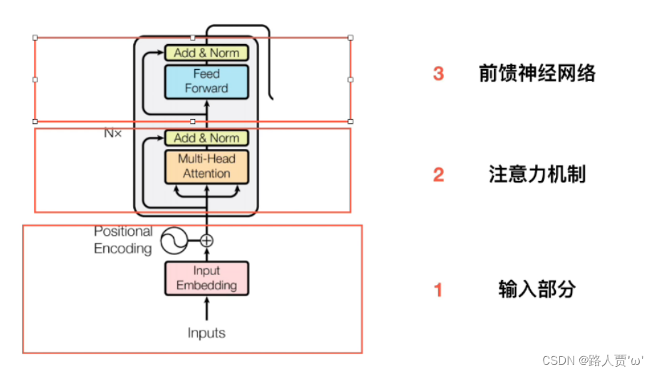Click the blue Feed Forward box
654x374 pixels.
pos(206,81)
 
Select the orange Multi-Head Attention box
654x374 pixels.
pos(206,167)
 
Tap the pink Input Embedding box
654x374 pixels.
pos(206,278)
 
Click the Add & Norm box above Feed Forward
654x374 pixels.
pos(206,53)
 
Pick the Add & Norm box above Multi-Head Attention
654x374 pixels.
pos(206,137)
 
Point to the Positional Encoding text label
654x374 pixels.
pos(123,240)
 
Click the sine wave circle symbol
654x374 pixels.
pos(174,241)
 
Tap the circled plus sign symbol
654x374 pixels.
pos(206,241)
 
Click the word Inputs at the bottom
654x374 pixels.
pos(206,333)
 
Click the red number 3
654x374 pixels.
pos(438,73)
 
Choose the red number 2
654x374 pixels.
pos(438,175)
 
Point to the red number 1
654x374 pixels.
pos(438,290)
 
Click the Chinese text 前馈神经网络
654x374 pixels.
pos(537,73)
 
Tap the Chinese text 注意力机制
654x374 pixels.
pos(537,175)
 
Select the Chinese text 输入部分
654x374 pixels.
pos(537,289)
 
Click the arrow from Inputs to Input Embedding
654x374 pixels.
pos(206,309)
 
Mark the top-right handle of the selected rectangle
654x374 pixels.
pos(350,37)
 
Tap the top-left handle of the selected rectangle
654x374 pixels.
pos(35,37)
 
